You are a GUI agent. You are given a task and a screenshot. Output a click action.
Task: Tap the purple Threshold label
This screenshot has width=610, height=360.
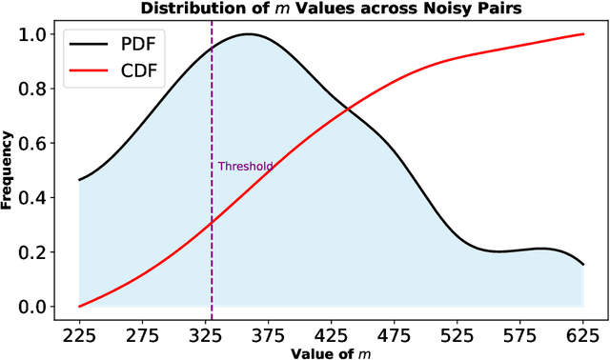pyautogui.click(x=245, y=166)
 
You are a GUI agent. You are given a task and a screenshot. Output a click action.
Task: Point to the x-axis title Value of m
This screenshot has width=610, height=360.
pyautogui.click(x=329, y=352)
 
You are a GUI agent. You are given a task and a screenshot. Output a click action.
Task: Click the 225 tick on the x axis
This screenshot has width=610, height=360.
pyautogui.click(x=78, y=335)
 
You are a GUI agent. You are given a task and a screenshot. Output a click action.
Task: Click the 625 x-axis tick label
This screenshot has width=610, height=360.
pyautogui.click(x=582, y=335)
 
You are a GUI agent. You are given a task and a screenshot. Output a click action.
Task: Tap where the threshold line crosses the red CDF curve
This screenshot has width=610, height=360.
pyautogui.click(x=212, y=222)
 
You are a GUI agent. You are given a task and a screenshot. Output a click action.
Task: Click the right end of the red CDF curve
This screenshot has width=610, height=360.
pyautogui.click(x=582, y=34)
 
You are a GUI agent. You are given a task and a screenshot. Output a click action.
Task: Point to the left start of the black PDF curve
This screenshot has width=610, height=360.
pyautogui.click(x=78, y=180)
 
